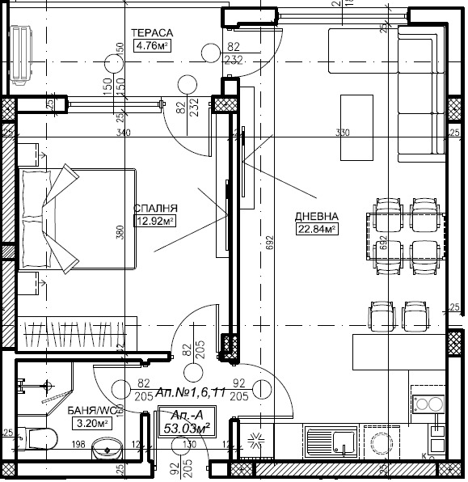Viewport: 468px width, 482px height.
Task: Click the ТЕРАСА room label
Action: click(153, 32)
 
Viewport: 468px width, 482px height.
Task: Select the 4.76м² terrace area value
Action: click(153, 46)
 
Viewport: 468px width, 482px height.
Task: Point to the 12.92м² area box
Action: click(155, 219)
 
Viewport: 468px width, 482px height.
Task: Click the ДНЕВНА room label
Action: click(317, 217)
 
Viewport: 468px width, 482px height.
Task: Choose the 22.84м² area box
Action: click(317, 229)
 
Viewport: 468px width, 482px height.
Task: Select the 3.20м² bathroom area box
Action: click(90, 422)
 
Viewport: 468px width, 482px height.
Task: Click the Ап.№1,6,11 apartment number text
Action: click(185, 391)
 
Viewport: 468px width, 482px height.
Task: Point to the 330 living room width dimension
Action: click(342, 133)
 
